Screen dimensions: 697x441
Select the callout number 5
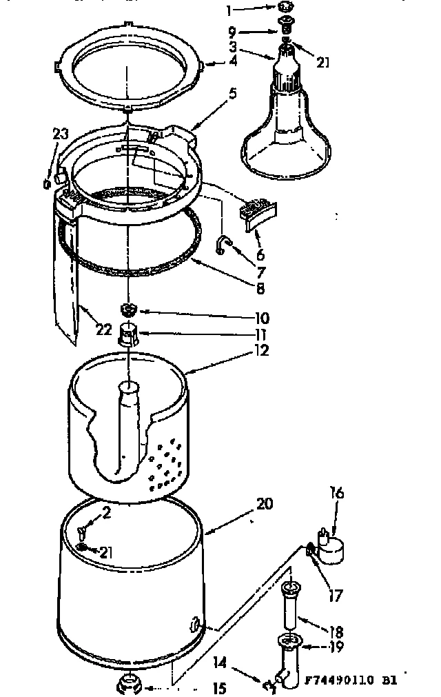coord(232,93)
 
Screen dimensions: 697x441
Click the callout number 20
coord(264,504)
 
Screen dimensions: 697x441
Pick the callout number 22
coord(104,330)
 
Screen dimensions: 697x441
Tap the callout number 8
coord(260,289)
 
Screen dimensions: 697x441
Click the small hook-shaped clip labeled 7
coord(223,244)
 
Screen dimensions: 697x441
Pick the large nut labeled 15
coord(129,684)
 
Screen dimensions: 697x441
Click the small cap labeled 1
coord(285,8)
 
